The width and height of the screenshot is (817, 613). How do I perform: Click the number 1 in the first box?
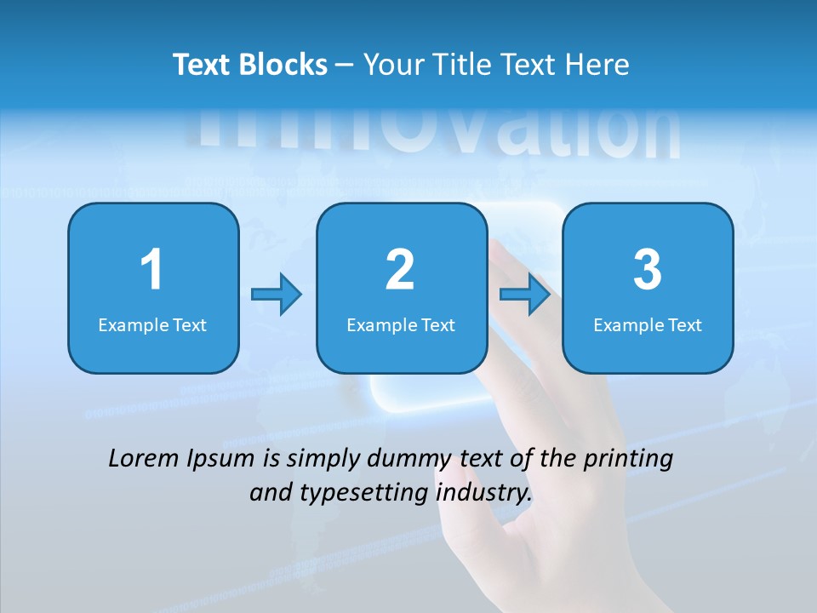pyautogui.click(x=151, y=270)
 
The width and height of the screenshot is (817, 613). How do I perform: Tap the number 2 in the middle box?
pyautogui.click(x=400, y=270)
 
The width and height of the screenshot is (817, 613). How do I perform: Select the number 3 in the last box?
pyautogui.click(x=648, y=270)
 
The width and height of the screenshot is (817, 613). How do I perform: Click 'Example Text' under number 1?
pyautogui.click(x=152, y=324)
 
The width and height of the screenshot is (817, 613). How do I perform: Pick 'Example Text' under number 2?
pyautogui.click(x=401, y=324)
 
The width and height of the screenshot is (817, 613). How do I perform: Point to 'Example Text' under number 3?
pyautogui.click(x=648, y=324)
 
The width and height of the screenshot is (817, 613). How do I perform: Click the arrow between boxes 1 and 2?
pyautogui.click(x=277, y=295)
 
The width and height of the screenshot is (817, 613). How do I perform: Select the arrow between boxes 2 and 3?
pyautogui.click(x=525, y=295)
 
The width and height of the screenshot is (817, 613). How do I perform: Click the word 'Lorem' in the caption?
pyautogui.click(x=143, y=459)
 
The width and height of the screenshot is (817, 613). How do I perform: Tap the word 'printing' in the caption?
pyautogui.click(x=628, y=460)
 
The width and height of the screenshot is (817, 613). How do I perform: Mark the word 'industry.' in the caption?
pyautogui.click(x=483, y=492)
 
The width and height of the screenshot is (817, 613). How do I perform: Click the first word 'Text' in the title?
pyautogui.click(x=202, y=65)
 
